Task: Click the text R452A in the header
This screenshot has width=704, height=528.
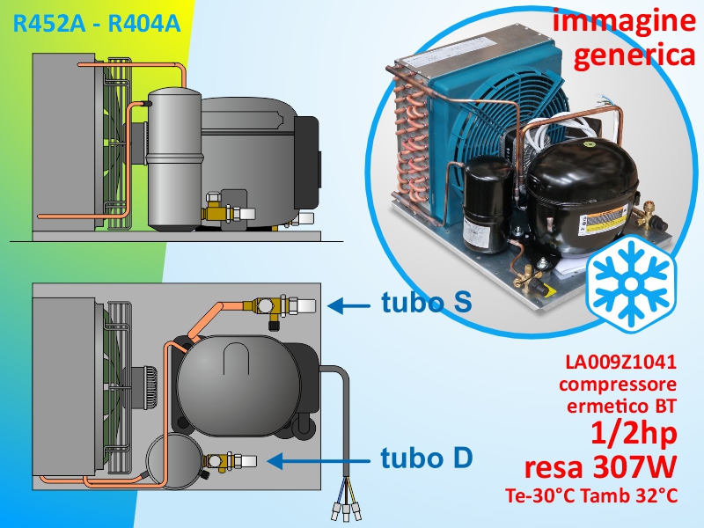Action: (48, 24)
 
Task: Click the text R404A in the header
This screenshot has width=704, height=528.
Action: (144, 24)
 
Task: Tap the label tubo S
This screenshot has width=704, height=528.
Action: (427, 302)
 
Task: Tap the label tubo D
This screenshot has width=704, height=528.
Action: (427, 458)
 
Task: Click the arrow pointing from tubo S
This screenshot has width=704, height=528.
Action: (348, 306)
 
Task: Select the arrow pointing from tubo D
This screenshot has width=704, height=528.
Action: (319, 460)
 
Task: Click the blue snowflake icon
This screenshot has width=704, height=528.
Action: (630, 283)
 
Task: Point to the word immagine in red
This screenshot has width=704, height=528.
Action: (624, 19)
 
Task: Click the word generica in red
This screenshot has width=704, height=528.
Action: (634, 56)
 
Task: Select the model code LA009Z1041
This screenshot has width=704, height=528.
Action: (620, 362)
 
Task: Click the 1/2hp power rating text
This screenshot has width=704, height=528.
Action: (634, 433)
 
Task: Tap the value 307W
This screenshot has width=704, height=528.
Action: (634, 467)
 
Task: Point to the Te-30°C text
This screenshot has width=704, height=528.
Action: (540, 495)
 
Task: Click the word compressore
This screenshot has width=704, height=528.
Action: (618, 385)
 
